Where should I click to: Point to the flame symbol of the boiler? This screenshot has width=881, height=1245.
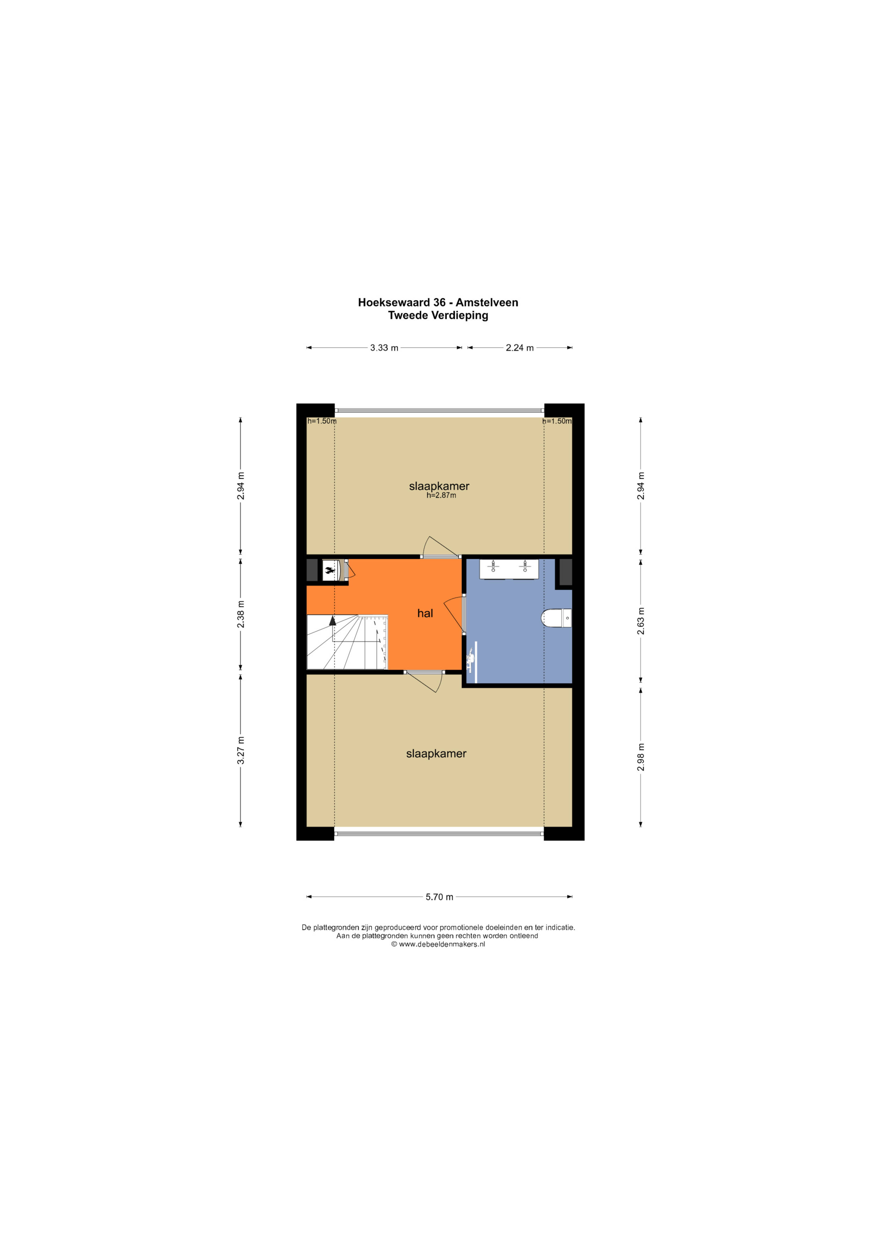[329, 570]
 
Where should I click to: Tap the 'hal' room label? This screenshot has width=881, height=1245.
[425, 613]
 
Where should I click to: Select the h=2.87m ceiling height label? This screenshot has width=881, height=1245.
[441, 495]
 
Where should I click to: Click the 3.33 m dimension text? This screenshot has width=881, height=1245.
[384, 347]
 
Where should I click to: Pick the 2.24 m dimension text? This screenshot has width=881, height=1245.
[520, 347]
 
